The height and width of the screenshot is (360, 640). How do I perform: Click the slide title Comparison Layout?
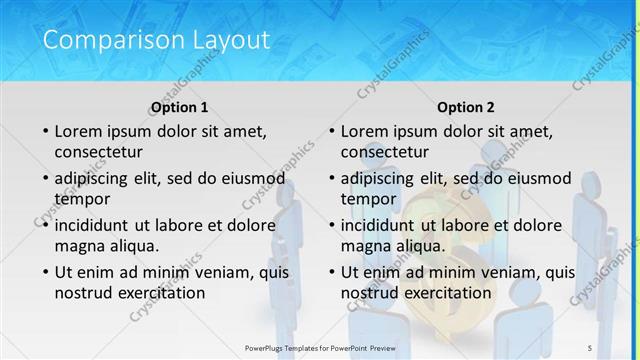(157, 41)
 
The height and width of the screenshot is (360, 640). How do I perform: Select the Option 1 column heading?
(180, 107)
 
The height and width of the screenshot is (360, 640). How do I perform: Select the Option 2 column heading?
(466, 107)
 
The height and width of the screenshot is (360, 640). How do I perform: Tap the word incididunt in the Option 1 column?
(98, 225)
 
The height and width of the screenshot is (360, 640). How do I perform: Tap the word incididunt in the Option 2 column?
(384, 225)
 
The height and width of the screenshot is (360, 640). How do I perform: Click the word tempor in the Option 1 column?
(83, 199)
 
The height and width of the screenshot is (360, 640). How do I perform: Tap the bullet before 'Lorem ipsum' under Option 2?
(331, 132)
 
